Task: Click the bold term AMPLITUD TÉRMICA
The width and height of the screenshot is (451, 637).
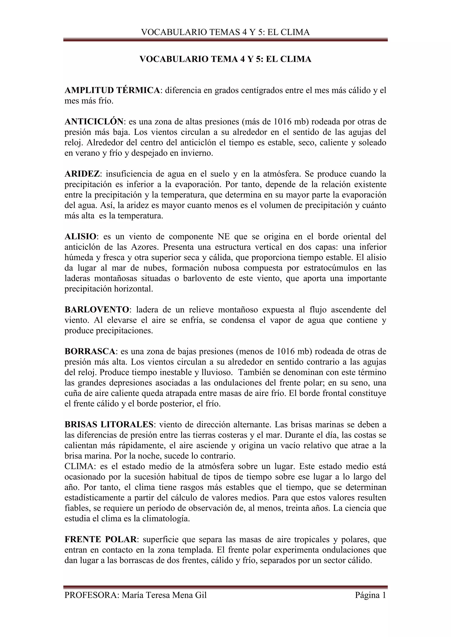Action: [112, 90]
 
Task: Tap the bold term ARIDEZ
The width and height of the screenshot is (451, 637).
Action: [82, 174]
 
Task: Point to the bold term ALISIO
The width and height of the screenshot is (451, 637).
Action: [80, 237]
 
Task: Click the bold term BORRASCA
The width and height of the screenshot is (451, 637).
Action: [90, 351]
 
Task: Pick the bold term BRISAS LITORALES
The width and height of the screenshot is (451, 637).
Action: [109, 425]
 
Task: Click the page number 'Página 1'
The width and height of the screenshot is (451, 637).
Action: [370, 595]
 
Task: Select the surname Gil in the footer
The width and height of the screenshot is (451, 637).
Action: [201, 595]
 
